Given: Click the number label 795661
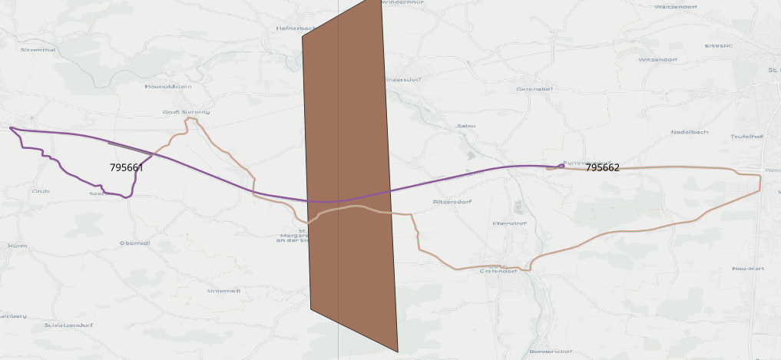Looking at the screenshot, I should pyautogui.click(x=126, y=167).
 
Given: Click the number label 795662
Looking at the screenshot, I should pyautogui.click(x=602, y=167).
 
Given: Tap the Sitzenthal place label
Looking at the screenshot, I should pyautogui.click(x=38, y=49).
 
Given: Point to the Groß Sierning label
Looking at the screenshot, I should pyautogui.click(x=186, y=112).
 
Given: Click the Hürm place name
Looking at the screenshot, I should pyautogui.click(x=17, y=246).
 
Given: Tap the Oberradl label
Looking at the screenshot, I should pyautogui.click(x=134, y=243).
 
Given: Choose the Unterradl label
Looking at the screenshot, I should pyautogui.click(x=223, y=291).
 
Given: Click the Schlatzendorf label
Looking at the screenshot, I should pyautogui.click(x=68, y=325).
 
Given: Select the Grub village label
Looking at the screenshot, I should pyautogui.click(x=41, y=190).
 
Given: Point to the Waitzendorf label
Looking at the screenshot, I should pyautogui.click(x=675, y=6).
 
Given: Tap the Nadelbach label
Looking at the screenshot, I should pyautogui.click(x=690, y=132).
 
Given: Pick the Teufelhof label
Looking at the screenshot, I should pyautogui.click(x=746, y=137).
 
